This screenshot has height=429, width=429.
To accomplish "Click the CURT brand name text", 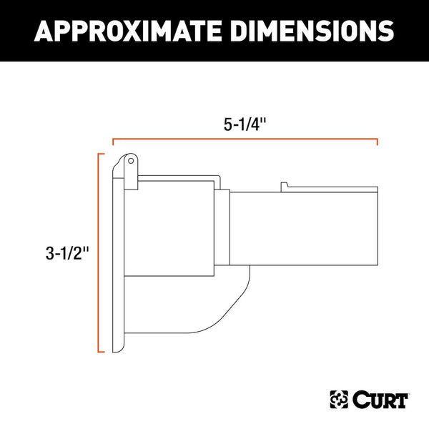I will click(x=381, y=398).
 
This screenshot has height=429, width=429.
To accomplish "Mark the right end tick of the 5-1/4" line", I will click(x=377, y=142).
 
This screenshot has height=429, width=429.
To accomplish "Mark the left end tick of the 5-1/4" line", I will click(x=113, y=142).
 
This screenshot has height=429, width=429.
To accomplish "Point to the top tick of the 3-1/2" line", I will click(x=101, y=153).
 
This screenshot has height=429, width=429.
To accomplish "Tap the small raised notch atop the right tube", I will click(x=284, y=187).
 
